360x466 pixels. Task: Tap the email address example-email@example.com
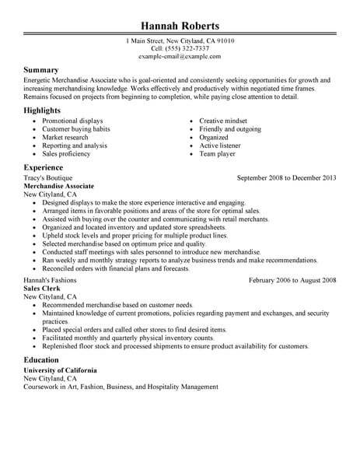[180, 58]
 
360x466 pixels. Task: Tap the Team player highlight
[218, 154]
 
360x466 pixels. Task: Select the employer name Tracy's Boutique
[46, 178]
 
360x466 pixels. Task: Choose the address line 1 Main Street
[180, 40]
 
